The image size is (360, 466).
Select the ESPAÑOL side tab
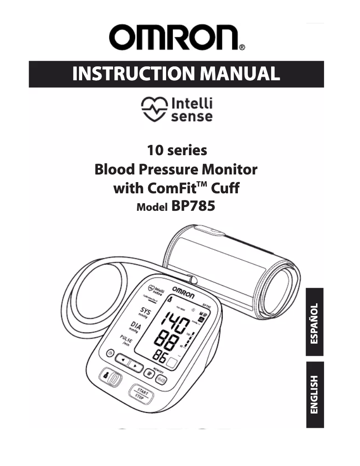pyautogui.click(x=315, y=323)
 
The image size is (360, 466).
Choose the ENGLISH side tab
pyautogui.click(x=315, y=395)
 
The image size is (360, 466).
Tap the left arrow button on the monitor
pyautogui.click(x=122, y=360)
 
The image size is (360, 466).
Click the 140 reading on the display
pyautogui.click(x=175, y=322)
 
